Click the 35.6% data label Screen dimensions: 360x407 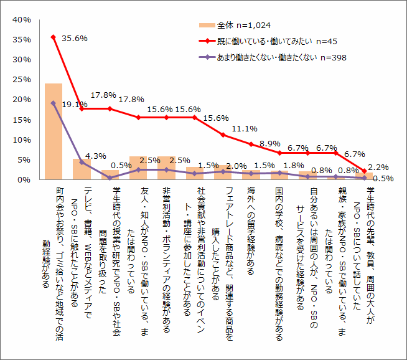[x=75, y=38]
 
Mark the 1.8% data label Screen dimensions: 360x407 [x=294, y=166]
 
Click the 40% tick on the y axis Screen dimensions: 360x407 [x=22, y=20]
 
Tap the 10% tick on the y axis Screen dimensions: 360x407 [x=22, y=140]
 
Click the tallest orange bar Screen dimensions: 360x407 [x=54, y=131]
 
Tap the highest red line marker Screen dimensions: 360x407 [x=54, y=37]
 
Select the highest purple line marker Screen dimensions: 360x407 [x=54, y=103]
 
